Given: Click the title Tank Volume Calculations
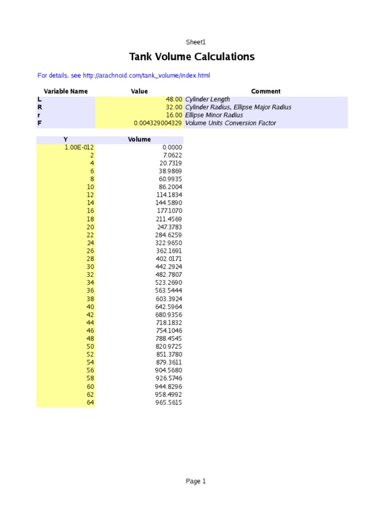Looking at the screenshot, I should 191,57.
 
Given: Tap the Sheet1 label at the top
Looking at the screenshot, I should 195,42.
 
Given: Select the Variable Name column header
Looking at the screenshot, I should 66,91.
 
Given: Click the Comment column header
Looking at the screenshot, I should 266,91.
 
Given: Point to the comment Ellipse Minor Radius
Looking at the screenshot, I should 214,115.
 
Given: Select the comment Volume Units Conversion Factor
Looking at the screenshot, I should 230,123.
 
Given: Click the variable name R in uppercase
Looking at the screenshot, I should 40,107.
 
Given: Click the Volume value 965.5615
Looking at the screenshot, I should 169,403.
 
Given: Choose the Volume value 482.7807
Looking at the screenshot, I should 169,275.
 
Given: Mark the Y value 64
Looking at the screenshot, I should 90,403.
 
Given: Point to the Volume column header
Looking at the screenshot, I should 139,139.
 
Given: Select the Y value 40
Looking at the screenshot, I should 90,307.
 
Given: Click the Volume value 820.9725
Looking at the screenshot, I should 169,347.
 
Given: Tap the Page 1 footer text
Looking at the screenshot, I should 195,481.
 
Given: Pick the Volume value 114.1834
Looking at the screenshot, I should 169,195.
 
